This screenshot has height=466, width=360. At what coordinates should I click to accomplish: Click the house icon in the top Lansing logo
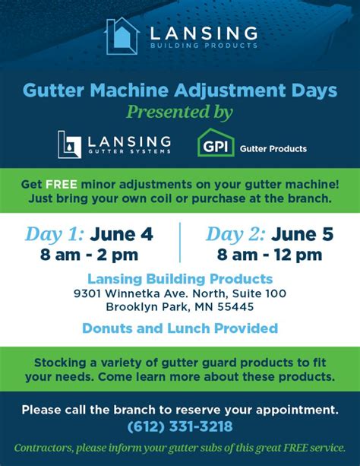(x=122, y=36)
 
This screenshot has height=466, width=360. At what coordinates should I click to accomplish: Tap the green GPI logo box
(x=215, y=143)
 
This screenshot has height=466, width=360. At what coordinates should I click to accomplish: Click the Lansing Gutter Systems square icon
(x=70, y=144)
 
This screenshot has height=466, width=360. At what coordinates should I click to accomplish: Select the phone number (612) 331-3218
(x=180, y=427)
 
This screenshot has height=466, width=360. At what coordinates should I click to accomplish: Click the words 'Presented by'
(x=179, y=113)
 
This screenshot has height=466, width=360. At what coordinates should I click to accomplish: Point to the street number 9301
(x=88, y=293)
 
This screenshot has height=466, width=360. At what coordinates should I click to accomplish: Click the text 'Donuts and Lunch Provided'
(x=179, y=328)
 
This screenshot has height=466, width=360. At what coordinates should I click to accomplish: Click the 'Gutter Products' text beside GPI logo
(x=273, y=149)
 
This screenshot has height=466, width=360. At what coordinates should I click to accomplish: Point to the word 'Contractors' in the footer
(x=46, y=448)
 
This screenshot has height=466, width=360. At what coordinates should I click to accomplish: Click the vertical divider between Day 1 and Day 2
(x=180, y=243)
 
